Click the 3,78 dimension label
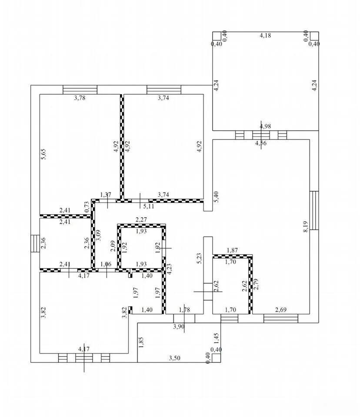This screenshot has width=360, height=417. pyautogui.click(x=80, y=98)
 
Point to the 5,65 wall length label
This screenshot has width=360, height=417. pyautogui.click(x=43, y=154)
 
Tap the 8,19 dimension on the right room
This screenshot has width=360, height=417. pyautogui.click(x=305, y=227)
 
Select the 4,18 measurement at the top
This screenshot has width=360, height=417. pyautogui.click(x=266, y=35)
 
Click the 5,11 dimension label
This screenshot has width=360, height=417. pyautogui.click(x=149, y=206)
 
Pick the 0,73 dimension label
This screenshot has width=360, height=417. pyautogui.click(x=87, y=207)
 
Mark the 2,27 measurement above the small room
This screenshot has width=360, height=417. pyautogui.click(x=141, y=220)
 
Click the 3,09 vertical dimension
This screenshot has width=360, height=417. pyautogui.click(x=98, y=235)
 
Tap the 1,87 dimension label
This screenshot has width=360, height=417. pyautogui.click(x=232, y=250)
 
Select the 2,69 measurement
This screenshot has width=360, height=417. pyautogui.click(x=280, y=310)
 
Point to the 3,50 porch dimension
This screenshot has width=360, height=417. pyautogui.click(x=175, y=358)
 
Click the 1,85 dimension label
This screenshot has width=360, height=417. pyautogui.click(x=141, y=342)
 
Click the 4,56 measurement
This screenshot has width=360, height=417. pyautogui.click(x=261, y=143)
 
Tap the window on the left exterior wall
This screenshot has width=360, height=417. pyautogui.click(x=35, y=244)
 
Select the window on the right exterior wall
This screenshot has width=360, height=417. pyautogui.click(x=314, y=210)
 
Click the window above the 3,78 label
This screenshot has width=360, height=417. pyautogui.click(x=80, y=89)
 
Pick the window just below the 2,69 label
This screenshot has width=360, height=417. pyautogui.click(x=281, y=318)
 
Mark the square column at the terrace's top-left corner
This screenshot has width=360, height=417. pyautogui.click(x=217, y=36)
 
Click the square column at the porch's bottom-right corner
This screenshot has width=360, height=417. pyautogui.click(x=217, y=358)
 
